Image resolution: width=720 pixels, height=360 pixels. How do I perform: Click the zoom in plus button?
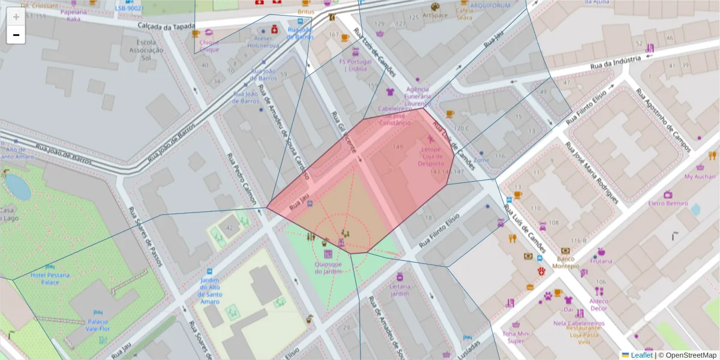pyautogui.click(x=16, y=17)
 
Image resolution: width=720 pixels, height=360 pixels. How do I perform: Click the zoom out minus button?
pyautogui.click(x=16, y=35)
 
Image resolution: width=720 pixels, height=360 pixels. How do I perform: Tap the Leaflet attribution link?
pyautogui.click(x=641, y=355)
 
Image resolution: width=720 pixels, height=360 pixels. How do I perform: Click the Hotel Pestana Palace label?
pyautogui.click(x=50, y=278)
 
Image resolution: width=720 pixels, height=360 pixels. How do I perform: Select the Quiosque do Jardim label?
pyautogui.click(x=328, y=268)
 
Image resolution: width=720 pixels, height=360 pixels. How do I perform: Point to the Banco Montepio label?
pyautogui.click(x=566, y=262)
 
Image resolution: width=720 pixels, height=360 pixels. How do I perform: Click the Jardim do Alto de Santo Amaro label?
pyautogui.click(x=209, y=290)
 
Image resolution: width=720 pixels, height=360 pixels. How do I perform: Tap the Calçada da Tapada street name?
pyautogui.click(x=165, y=26)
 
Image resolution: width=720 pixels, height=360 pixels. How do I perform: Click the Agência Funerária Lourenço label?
pyautogui.click(x=417, y=96)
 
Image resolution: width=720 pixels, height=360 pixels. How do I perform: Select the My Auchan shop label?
pyautogui.click(x=700, y=176)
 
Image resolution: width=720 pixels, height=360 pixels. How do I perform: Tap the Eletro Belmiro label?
pyautogui.click(x=668, y=203)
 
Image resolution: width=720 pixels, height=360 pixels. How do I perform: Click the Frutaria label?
pyautogui.click(x=601, y=261)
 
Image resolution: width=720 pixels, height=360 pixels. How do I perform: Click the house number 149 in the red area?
pyautogui.click(x=398, y=147)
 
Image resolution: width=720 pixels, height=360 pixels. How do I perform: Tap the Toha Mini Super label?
pyautogui.click(x=516, y=337)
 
